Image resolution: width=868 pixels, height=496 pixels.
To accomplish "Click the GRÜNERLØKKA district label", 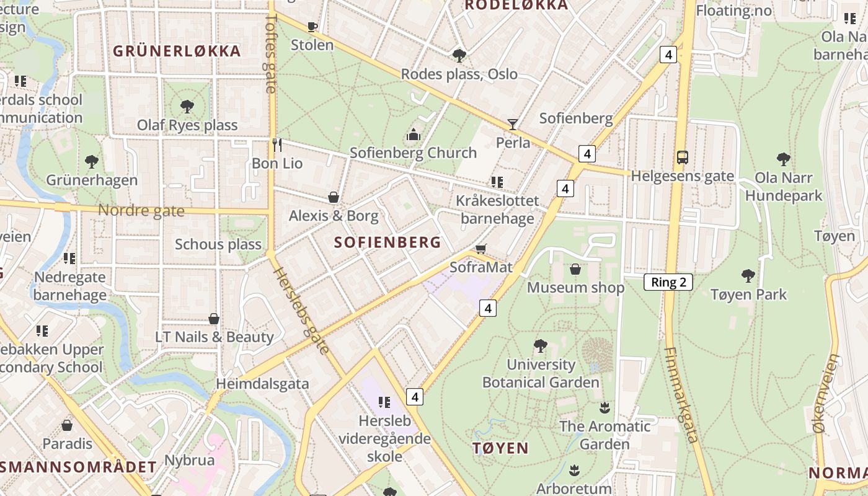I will (177, 51).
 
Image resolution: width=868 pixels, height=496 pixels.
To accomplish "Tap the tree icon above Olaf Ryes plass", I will (187, 107).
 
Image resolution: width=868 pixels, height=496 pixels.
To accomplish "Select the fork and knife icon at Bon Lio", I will (277, 145).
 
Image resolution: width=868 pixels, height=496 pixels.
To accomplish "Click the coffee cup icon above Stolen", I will (312, 27).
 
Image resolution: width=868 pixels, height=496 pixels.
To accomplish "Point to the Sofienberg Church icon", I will (414, 134).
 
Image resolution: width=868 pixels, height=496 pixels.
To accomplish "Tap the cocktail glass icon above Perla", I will (513, 124).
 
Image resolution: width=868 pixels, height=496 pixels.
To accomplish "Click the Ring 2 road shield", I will (668, 282).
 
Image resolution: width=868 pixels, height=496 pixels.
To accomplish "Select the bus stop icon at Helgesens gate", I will (682, 157).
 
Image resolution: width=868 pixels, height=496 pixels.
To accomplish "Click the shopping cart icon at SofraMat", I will (481, 249).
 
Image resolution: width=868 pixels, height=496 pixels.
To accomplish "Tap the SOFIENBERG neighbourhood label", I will (387, 242).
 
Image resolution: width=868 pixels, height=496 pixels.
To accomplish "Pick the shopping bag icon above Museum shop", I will (575, 269).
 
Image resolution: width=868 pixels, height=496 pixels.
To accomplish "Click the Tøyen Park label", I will (748, 294).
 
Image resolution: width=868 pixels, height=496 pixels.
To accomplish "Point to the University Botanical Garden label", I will (541, 373).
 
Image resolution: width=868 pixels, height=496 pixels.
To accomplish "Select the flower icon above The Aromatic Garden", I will (604, 408).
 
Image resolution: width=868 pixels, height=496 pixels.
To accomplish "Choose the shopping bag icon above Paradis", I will (67, 425).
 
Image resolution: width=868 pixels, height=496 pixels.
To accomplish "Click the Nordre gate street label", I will (141, 211).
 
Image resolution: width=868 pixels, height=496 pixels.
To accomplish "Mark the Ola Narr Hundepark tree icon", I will (784, 159).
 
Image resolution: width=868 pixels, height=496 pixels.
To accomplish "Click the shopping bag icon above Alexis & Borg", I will (334, 197).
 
